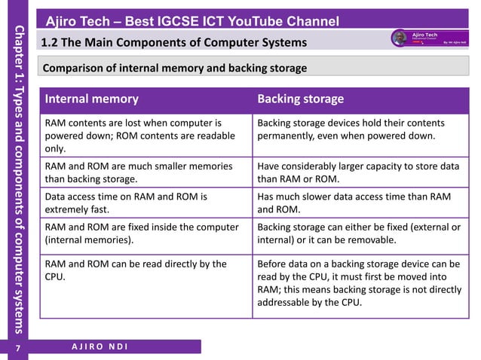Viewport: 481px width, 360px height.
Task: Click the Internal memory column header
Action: tap(92, 99)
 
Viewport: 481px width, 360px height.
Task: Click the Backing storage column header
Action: tap(301, 99)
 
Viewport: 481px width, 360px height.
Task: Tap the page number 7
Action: tap(19, 348)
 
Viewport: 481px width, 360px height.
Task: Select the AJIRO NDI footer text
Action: tap(99, 346)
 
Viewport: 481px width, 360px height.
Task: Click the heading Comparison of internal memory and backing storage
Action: tap(175, 69)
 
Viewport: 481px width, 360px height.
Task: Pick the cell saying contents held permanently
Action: tap(357, 129)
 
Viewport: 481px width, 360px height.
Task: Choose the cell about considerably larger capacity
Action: tap(357, 172)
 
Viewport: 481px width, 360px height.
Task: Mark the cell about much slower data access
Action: tap(357, 203)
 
